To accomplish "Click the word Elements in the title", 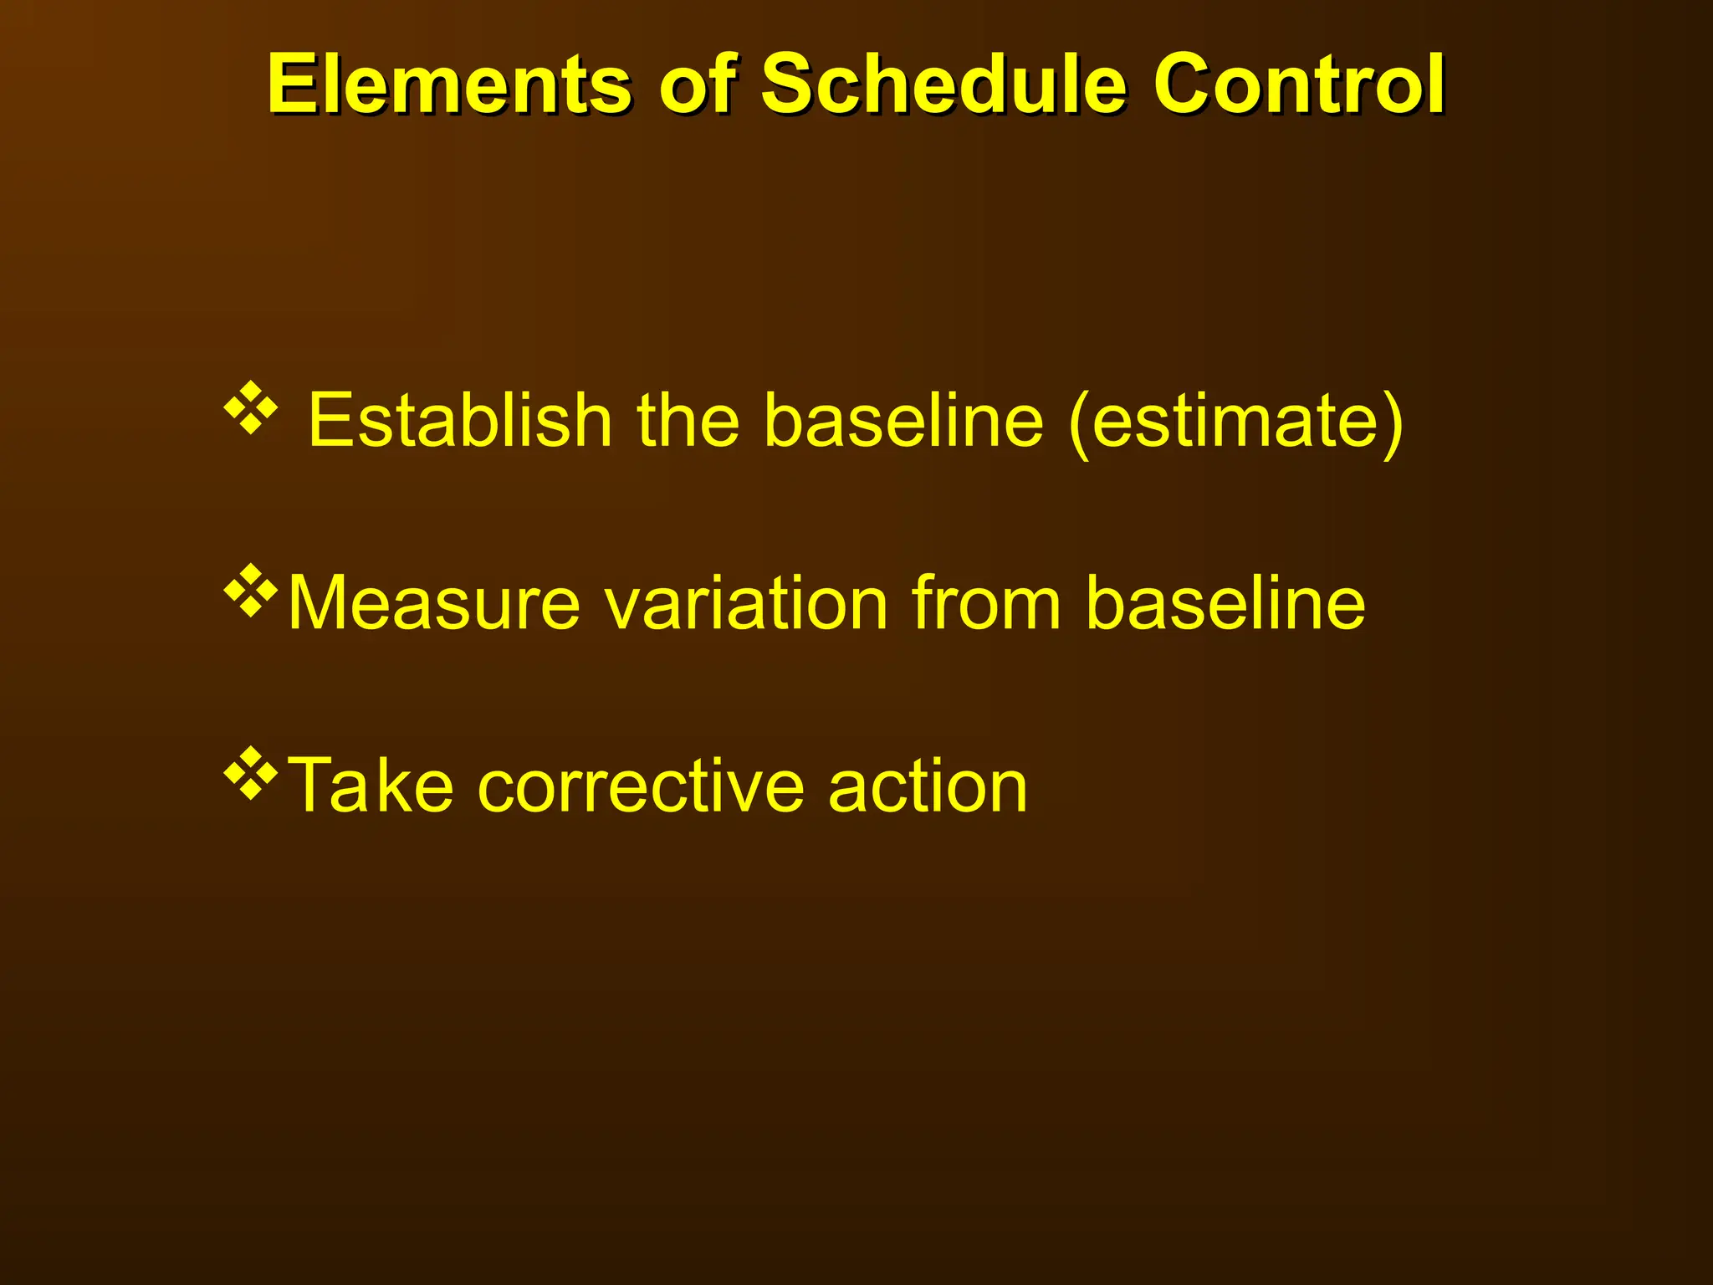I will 449,84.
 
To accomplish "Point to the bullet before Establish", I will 250,408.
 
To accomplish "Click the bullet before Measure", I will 250,591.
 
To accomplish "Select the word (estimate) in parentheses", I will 1235,422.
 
